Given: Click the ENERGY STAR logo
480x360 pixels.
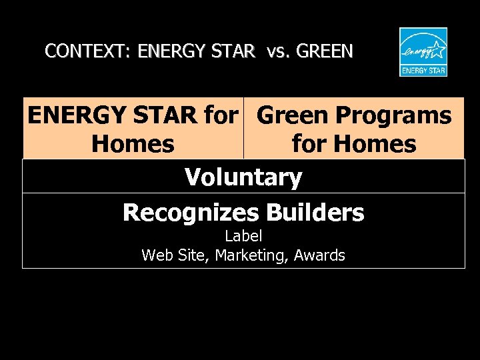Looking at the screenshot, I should pyautogui.click(x=423, y=52).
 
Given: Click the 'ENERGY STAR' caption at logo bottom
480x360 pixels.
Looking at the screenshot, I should pyautogui.click(x=423, y=69).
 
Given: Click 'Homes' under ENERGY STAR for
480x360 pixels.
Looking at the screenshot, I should pyautogui.click(x=133, y=143).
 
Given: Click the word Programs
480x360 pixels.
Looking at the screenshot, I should pyautogui.click(x=393, y=115).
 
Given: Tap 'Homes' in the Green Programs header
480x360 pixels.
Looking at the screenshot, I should pyautogui.click(x=376, y=143).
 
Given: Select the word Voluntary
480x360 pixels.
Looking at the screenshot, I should pyautogui.click(x=243, y=177).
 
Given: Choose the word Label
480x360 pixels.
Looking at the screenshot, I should pyautogui.click(x=243, y=236).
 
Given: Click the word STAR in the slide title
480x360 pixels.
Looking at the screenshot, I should pyautogui.click(x=233, y=51).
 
